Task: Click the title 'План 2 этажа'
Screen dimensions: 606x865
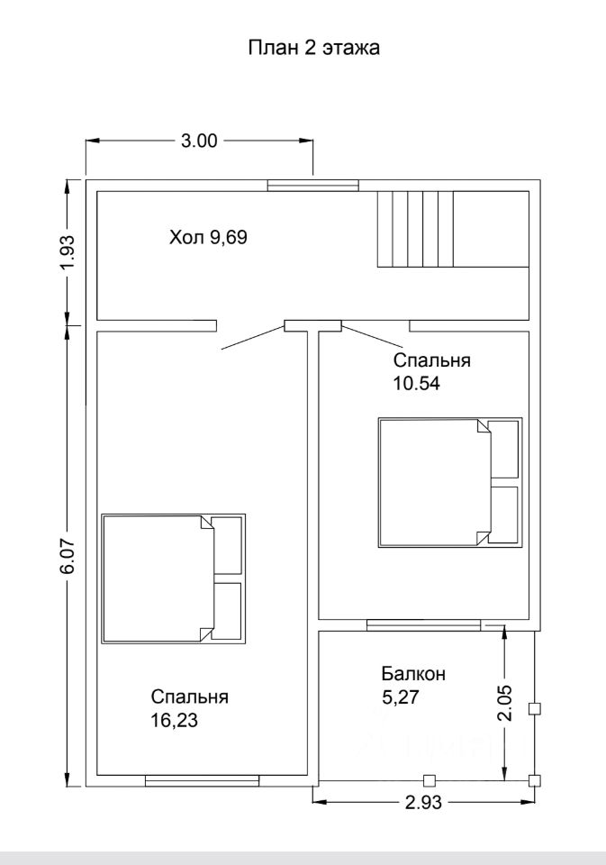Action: point(313,48)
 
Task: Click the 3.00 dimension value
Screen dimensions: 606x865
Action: point(199,141)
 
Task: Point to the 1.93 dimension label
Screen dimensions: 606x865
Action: point(66,252)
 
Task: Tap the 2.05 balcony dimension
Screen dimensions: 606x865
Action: point(504,703)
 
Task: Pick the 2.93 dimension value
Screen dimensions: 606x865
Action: point(423,802)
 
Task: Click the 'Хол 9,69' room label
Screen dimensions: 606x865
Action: point(208,238)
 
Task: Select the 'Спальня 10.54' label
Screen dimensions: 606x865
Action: point(431,371)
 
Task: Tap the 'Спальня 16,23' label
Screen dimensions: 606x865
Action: point(190,708)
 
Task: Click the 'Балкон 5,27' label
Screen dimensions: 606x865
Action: point(413,685)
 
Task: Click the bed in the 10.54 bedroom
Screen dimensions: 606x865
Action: point(450,483)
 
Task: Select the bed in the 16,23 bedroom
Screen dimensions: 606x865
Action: point(174,578)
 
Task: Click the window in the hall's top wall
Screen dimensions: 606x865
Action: point(313,186)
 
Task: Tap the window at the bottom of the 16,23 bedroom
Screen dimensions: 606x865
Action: point(202,780)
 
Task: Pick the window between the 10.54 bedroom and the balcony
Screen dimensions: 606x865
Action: point(424,625)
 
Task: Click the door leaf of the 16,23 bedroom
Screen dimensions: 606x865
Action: point(253,338)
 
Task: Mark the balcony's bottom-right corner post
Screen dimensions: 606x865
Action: point(534,780)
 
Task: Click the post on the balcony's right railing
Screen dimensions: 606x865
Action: point(534,709)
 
